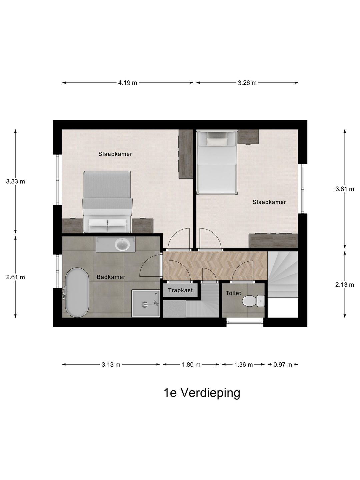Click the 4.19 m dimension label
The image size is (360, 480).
[127, 83]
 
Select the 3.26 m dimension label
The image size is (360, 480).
[247, 83]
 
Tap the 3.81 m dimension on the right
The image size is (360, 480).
[344, 189]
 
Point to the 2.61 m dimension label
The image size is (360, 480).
[15, 277]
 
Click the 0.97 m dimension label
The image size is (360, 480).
[283, 365]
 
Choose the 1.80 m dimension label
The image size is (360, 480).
[191, 365]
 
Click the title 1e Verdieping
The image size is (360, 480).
[202, 393]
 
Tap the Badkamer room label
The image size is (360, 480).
[111, 277]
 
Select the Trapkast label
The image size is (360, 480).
[180, 290]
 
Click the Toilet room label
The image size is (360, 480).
[233, 293]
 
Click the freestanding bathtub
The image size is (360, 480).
[77, 293]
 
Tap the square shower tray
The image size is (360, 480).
[146, 303]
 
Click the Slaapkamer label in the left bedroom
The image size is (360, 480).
[115, 154]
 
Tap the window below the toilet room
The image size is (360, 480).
[245, 322]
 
